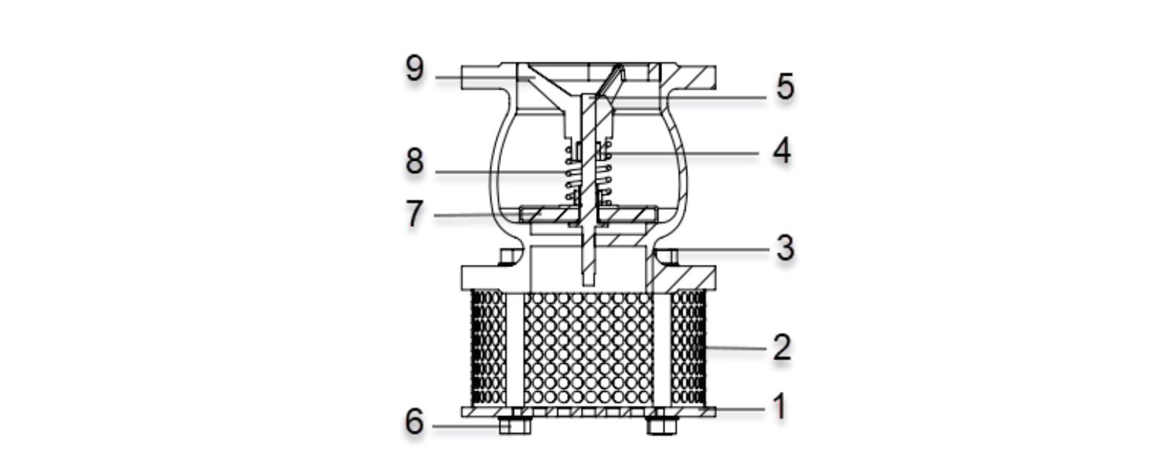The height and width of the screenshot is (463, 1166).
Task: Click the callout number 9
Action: click(x=415, y=69)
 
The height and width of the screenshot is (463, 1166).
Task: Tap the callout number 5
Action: click(x=785, y=87)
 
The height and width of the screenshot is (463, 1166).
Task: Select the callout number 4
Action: click(x=782, y=152)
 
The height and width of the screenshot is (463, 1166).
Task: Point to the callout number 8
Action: click(x=415, y=161)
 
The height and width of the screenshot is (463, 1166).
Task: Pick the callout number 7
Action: click(x=414, y=214)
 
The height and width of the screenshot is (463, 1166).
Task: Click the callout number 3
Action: click(x=785, y=248)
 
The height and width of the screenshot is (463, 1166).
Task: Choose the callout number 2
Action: click(x=782, y=347)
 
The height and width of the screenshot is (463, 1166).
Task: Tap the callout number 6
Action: click(x=415, y=422)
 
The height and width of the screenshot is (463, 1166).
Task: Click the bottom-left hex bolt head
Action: click(x=515, y=426)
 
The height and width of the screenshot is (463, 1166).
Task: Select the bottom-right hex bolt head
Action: click(x=662, y=426)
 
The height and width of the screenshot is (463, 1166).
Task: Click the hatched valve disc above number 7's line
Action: click(x=587, y=214)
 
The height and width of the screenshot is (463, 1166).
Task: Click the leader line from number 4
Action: click(x=681, y=153)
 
